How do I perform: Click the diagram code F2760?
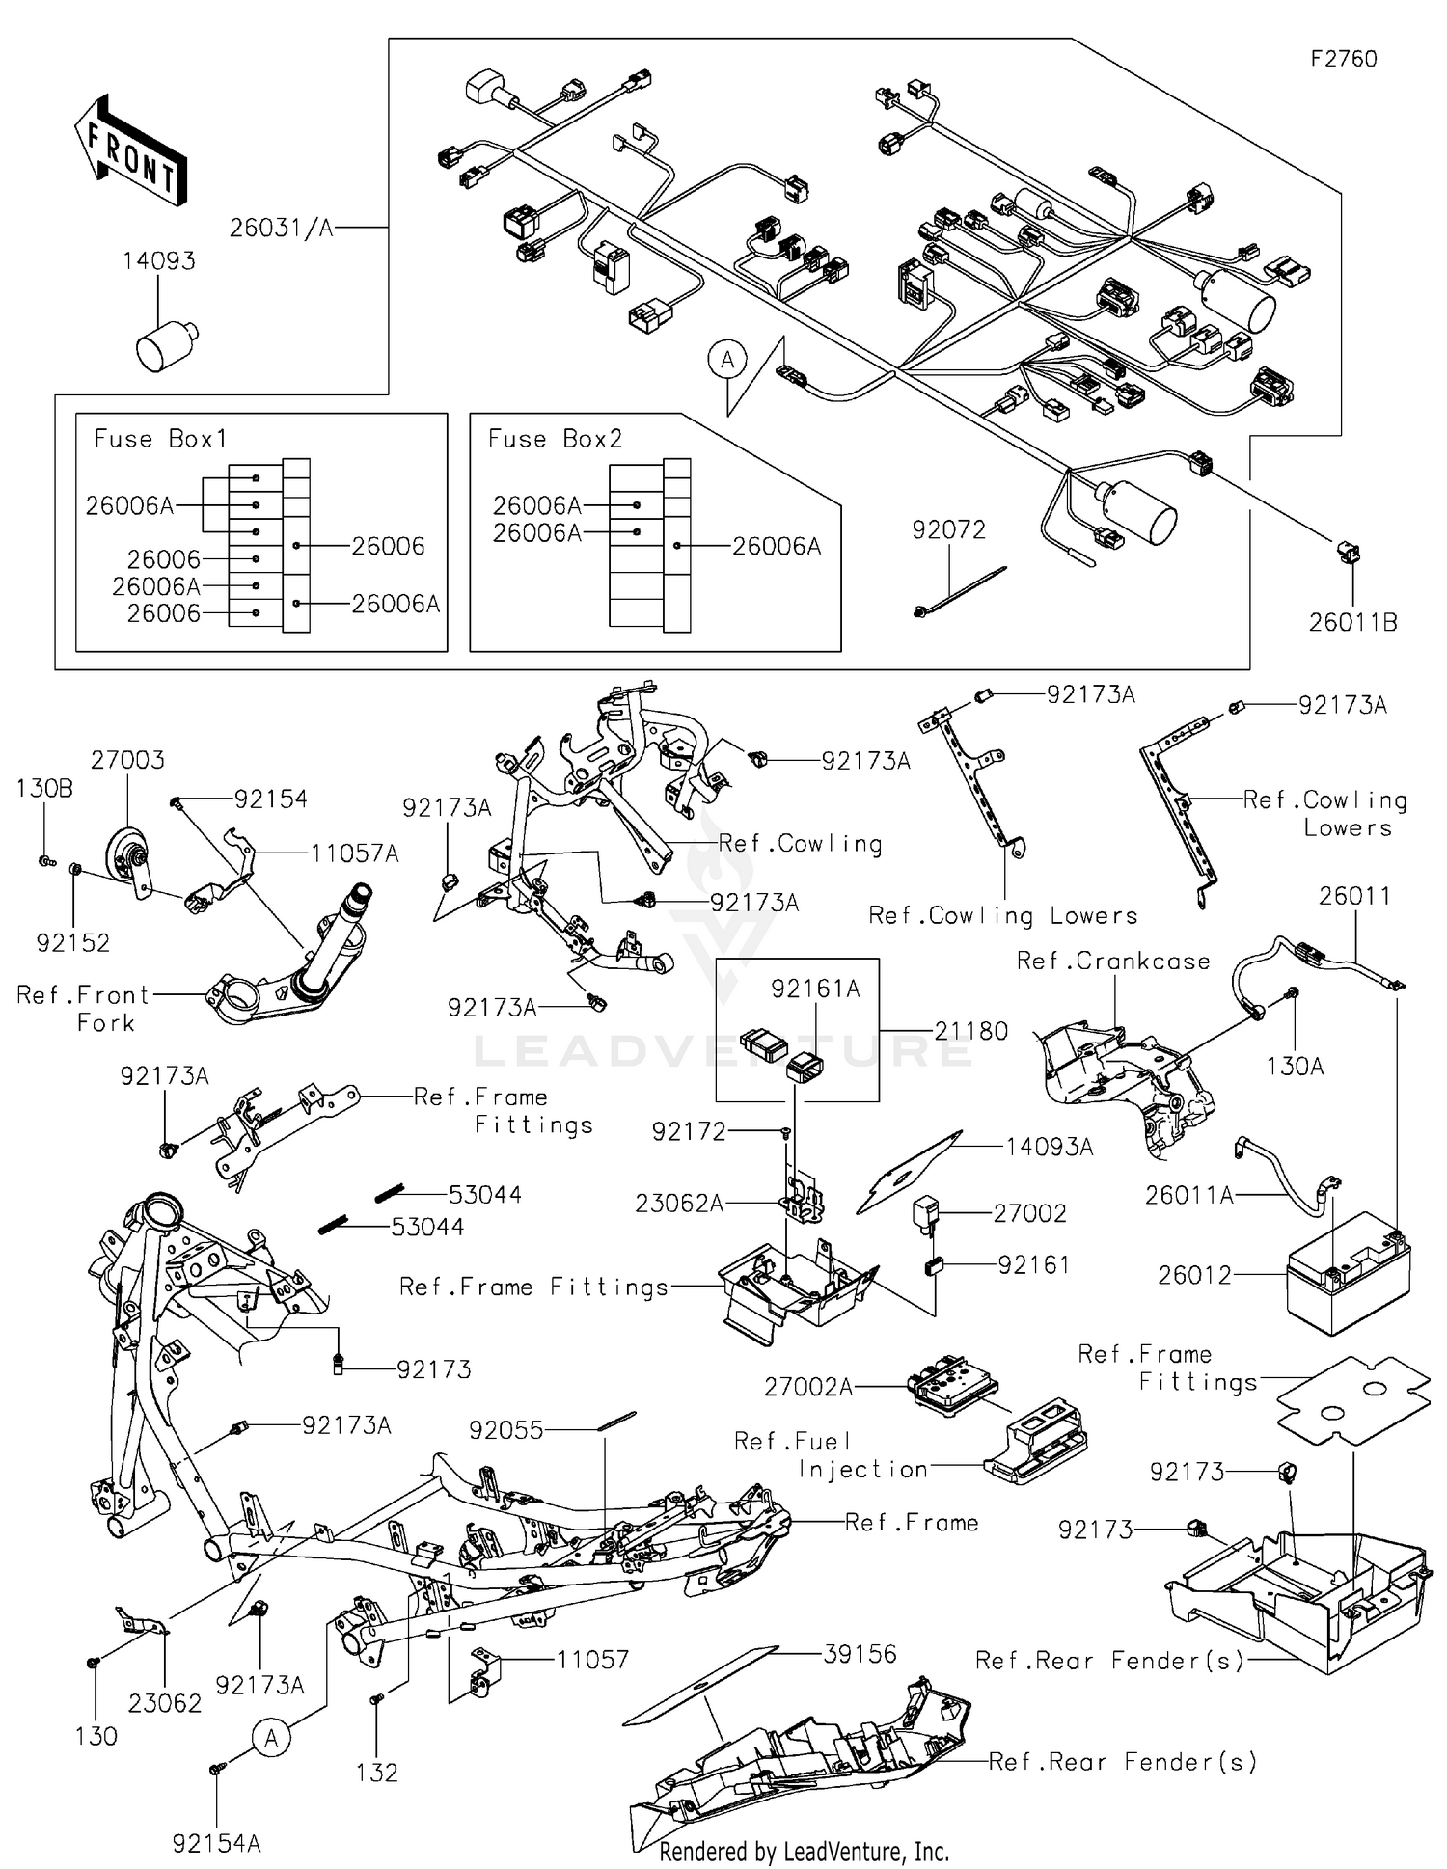pos(1343,59)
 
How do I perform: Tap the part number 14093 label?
pos(158,261)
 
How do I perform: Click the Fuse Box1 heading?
pos(160,439)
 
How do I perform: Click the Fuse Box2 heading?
pos(555,439)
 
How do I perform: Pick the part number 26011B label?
pos(1352,623)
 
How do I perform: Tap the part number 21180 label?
pos(970,1031)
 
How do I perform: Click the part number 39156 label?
pos(860,1654)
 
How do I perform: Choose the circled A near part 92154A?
pos(272,1738)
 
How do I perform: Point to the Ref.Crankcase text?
pos(1113,962)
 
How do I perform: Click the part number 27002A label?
pos(807,1387)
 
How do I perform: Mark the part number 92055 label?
pos(505,1430)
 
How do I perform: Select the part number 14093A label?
pos(1049,1147)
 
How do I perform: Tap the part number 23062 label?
pos(165,1703)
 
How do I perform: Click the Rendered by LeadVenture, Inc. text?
pos(804,1852)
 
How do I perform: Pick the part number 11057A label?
pos(354,853)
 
